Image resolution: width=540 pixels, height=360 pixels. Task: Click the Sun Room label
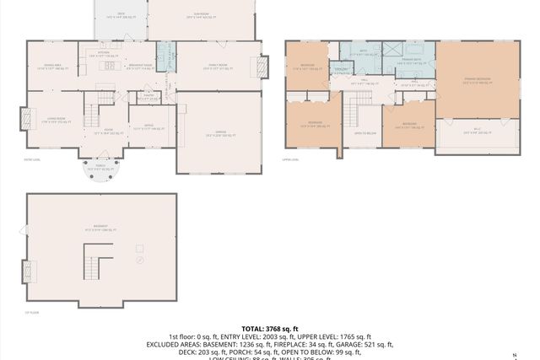click(199, 15)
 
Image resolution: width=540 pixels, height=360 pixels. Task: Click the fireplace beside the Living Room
click(24, 117)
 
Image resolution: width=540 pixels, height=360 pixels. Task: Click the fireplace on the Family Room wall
click(263, 67)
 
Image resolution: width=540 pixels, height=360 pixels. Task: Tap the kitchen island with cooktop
click(108, 66)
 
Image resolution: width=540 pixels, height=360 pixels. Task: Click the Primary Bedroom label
click(478, 78)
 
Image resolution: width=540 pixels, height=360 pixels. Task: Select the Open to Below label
click(364, 132)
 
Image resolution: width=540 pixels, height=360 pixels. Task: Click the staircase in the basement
click(92, 267)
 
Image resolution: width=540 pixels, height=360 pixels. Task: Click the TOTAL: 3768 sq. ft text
click(269, 328)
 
